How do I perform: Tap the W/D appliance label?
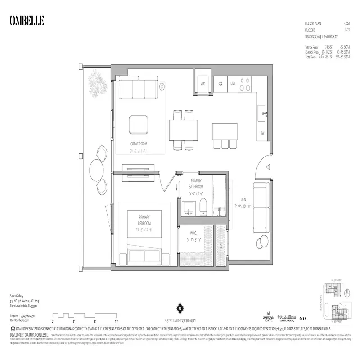point(203,84)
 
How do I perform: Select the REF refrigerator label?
point(220,84)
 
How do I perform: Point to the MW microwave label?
point(233,84)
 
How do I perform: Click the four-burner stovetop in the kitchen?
point(247,84)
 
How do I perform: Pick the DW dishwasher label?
point(261,133)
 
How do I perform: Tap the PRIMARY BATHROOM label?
point(196,184)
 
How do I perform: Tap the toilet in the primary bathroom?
point(202,205)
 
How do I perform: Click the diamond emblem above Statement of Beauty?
point(180,309)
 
